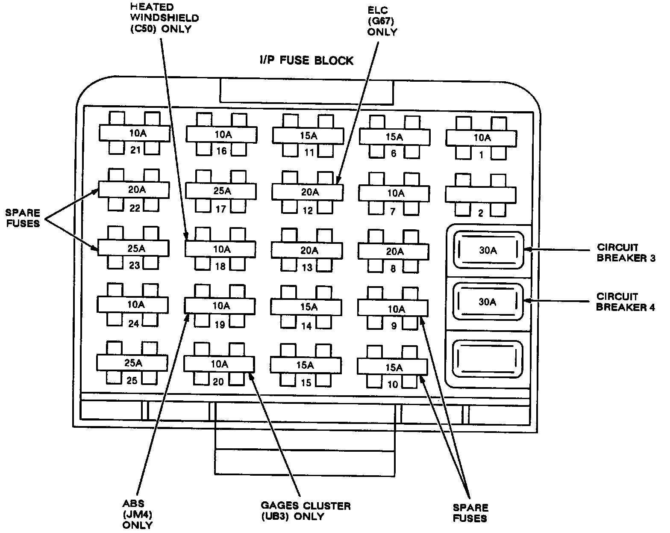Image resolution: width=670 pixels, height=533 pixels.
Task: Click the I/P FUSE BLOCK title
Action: tap(306, 60)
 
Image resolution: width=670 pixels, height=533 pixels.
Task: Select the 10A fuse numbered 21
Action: tap(135, 133)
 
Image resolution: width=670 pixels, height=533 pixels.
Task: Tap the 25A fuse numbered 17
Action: tap(221, 191)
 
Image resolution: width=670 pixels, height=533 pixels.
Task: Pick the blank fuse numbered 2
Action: tap(481, 195)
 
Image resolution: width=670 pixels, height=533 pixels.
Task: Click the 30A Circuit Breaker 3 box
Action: tap(488, 250)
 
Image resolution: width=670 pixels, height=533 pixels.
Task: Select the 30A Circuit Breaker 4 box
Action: tap(488, 302)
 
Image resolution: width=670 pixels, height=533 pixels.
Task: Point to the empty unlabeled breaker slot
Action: tap(487, 359)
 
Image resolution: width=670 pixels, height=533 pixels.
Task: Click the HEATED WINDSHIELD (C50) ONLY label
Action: tap(165, 18)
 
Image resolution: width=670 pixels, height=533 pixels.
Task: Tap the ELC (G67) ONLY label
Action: tap(382, 21)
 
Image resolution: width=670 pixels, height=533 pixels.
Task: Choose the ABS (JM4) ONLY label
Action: tap(137, 514)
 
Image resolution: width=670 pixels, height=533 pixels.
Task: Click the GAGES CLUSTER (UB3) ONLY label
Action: tap(306, 511)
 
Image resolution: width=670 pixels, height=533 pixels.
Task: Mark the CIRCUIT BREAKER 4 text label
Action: tap(625, 302)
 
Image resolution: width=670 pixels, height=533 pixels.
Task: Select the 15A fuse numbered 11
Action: tap(308, 136)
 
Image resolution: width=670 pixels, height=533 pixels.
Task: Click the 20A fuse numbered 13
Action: tap(307, 250)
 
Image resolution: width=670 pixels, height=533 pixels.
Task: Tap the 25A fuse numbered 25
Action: tap(132, 363)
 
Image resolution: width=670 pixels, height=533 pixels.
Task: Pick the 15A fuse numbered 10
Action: tap(392, 367)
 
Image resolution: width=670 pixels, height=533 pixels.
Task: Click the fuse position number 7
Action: tap(393, 212)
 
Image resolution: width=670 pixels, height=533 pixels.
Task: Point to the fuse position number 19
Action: tap(220, 325)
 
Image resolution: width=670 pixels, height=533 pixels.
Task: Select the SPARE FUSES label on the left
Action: tap(23, 218)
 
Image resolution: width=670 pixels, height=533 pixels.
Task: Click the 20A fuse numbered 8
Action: tap(394, 251)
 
